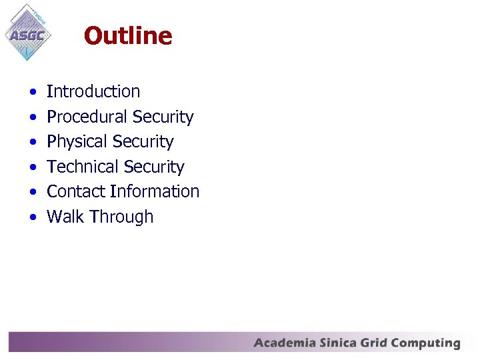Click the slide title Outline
coord(128,35)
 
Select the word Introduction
coord(93,91)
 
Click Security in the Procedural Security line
coord(163,117)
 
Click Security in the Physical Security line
coord(143,142)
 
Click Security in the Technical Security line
coord(153,167)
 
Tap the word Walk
coord(65,217)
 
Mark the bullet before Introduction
coord(33,92)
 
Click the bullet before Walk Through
coord(33,217)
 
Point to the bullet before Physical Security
coord(33,142)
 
